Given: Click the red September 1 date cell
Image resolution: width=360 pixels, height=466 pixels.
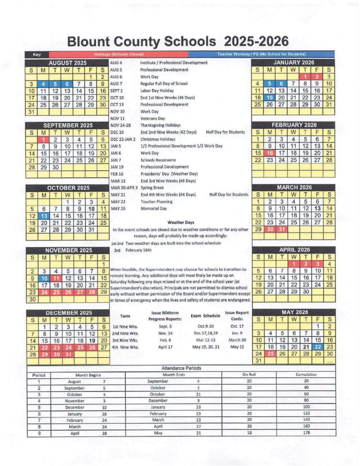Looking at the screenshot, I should (x=43, y=139).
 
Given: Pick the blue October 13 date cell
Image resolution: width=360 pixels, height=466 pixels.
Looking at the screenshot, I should (x=43, y=216).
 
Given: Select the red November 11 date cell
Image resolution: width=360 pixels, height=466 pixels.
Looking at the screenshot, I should (x=55, y=278).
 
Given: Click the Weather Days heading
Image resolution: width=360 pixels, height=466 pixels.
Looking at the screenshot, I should (x=180, y=222).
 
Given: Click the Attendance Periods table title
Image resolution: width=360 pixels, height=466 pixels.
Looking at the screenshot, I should (x=180, y=368).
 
